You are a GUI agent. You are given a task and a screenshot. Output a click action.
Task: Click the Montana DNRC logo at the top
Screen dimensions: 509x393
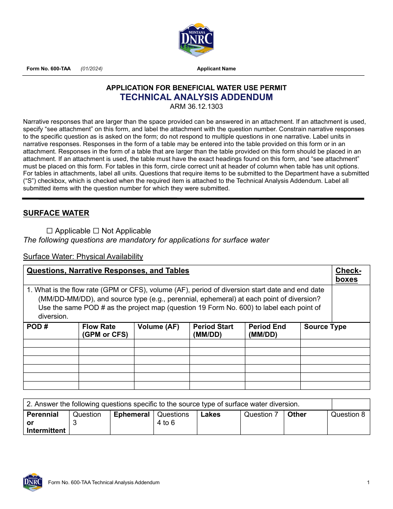click(196, 40)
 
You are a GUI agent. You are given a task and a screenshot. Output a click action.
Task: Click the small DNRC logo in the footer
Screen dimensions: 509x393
click(33, 482)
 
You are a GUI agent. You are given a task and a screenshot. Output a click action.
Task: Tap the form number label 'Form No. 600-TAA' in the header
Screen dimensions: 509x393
click(48, 69)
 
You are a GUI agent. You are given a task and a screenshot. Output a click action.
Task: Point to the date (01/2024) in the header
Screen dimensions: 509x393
click(91, 69)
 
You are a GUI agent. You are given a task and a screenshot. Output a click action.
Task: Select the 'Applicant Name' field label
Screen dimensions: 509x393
click(216, 69)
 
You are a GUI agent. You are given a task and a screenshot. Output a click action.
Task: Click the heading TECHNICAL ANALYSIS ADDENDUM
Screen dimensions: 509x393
click(196, 97)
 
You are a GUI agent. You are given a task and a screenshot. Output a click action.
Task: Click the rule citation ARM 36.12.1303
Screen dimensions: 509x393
click(196, 107)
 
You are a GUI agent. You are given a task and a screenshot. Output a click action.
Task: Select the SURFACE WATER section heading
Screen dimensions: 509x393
click(56, 213)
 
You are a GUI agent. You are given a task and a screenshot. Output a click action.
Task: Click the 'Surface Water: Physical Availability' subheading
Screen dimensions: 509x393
click(83, 257)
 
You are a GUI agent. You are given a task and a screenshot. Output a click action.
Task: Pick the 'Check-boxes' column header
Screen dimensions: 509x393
click(348, 275)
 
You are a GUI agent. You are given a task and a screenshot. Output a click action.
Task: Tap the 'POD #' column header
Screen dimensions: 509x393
click(37, 327)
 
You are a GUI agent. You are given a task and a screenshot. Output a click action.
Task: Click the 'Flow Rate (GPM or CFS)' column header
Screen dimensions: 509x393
click(105, 331)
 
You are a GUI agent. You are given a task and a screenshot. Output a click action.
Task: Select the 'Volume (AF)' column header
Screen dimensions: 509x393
click(158, 327)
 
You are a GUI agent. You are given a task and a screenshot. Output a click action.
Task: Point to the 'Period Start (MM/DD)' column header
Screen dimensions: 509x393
click(213, 331)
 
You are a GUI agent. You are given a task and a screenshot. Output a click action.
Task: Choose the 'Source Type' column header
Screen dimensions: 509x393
click(325, 327)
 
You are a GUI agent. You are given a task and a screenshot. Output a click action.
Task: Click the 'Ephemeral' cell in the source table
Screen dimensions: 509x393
click(132, 415)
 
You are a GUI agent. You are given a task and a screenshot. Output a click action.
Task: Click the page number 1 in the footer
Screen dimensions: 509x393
click(368, 483)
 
